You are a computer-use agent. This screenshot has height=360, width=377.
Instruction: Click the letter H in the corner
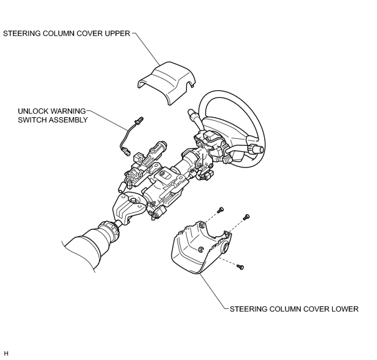click(x=6, y=353)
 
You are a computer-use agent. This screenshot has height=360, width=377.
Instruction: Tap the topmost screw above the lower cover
click(x=220, y=210)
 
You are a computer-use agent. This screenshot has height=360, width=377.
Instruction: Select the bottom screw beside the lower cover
click(x=240, y=267)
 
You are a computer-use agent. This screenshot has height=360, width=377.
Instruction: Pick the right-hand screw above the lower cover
click(x=246, y=217)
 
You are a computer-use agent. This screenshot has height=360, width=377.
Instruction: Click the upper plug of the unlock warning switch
click(x=138, y=121)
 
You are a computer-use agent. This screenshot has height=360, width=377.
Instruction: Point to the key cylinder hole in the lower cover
click(x=226, y=247)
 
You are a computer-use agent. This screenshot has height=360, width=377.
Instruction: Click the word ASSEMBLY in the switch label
click(x=69, y=120)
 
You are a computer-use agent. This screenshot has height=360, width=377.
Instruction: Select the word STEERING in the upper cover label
click(x=22, y=34)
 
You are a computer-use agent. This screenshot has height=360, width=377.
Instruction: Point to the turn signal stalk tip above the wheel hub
click(x=193, y=113)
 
